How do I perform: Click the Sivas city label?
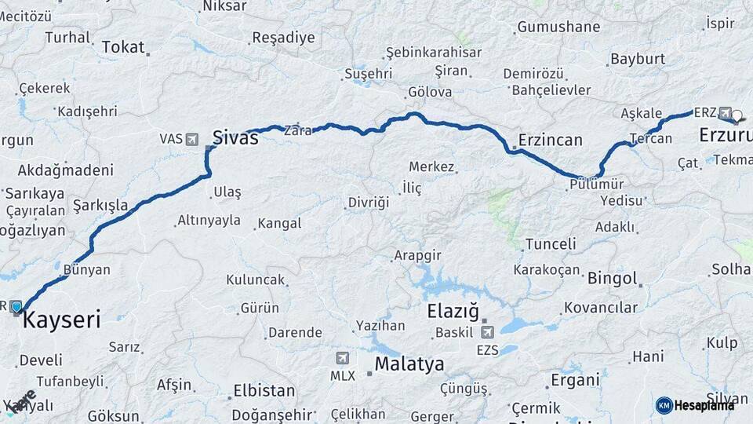pyautogui.click(x=235, y=138)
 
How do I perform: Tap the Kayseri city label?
pyautogui.click(x=62, y=320)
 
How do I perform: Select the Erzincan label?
pyautogui.click(x=549, y=141)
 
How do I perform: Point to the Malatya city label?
pyautogui.click(x=409, y=364)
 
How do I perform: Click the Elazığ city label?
pyautogui.click(x=453, y=312)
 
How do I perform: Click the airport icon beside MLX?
pyautogui.click(x=342, y=358)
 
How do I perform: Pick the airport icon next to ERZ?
pyautogui.click(x=725, y=113)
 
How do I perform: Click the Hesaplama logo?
pyautogui.click(x=696, y=405)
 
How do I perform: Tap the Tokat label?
pyautogui.click(x=123, y=48)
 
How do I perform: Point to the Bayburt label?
pyautogui.click(x=638, y=59)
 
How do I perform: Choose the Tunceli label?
pyautogui.click(x=551, y=244)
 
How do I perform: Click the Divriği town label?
pyautogui.click(x=369, y=203)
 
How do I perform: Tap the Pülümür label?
pyautogui.click(x=597, y=184)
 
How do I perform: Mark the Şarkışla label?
pyautogui.click(x=100, y=206)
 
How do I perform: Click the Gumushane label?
pyautogui.click(x=558, y=27)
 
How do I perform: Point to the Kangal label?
pyautogui.click(x=279, y=224)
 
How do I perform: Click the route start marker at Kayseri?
pyautogui.click(x=16, y=307)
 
